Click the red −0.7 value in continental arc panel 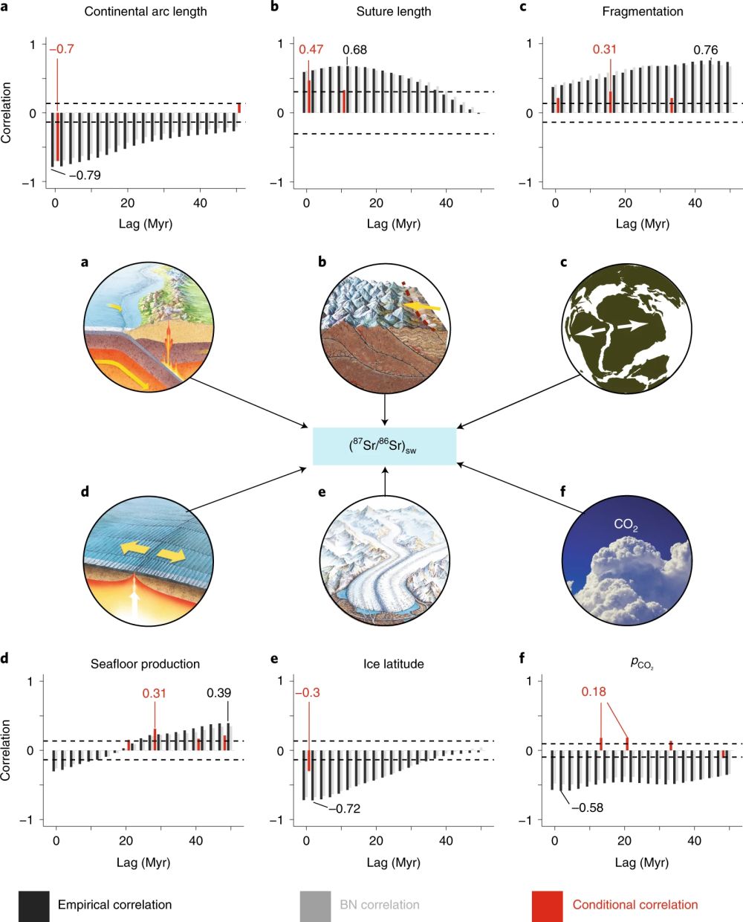[62, 49]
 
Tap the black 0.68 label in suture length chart [354, 50]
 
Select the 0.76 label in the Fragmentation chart [705, 50]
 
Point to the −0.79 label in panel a [85, 175]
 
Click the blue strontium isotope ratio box [384, 446]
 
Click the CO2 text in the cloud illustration [626, 526]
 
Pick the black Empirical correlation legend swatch [34, 905]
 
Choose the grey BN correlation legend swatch [314, 905]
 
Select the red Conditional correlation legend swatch [547, 905]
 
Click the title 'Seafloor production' [145, 664]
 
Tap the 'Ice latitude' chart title [393, 664]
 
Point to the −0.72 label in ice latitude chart [343, 808]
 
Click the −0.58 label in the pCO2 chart [586, 807]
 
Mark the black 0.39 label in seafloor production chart [218, 693]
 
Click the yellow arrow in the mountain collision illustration [424, 306]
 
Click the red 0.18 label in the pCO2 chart [594, 691]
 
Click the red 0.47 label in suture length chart [311, 50]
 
